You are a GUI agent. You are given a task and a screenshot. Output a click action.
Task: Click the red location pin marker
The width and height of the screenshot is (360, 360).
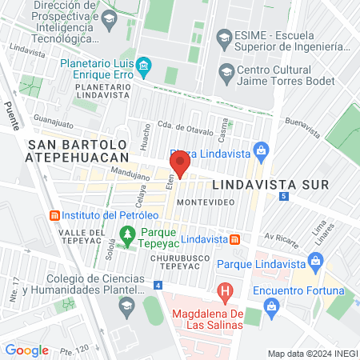[x=180, y=164]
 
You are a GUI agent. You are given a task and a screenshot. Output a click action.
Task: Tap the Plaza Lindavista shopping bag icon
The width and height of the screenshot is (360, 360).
[x=260, y=149]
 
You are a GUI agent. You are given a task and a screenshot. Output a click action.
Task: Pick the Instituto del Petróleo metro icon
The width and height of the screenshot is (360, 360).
[x=54, y=216]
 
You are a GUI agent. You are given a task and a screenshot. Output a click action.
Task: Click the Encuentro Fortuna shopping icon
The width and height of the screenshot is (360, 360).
[x=272, y=306]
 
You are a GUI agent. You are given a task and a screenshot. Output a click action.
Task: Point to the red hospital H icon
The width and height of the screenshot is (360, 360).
[x=226, y=290]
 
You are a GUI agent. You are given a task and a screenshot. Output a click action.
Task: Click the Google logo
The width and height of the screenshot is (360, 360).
[x=26, y=350]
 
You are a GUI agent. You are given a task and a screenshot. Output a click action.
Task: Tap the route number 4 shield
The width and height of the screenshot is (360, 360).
[x=158, y=285]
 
